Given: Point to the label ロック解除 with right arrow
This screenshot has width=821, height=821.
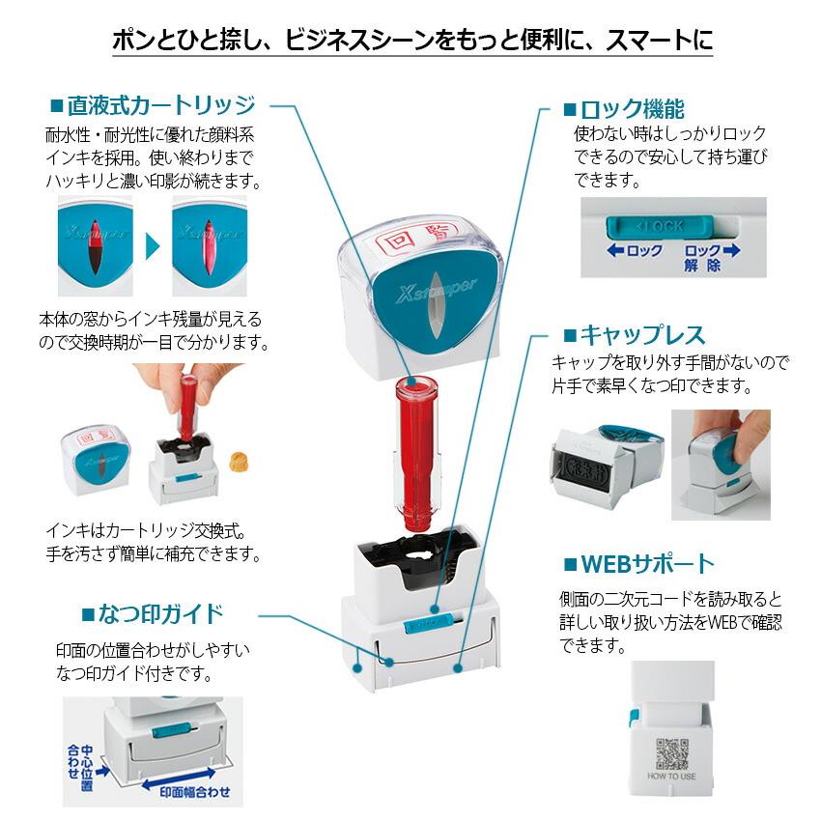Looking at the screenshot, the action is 710,257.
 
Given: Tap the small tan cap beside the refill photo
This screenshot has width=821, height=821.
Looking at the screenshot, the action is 235,463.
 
